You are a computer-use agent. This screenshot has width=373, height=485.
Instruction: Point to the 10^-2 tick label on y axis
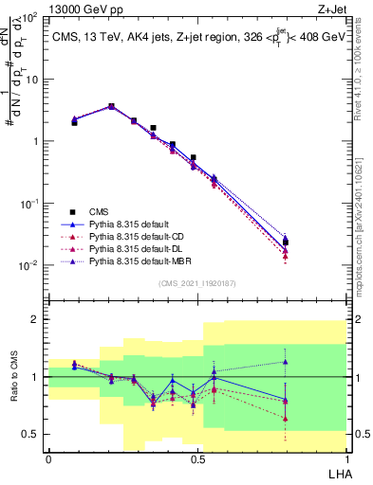click(x=28, y=265)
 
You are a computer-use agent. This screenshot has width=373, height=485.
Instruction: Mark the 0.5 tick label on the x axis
click(x=197, y=459)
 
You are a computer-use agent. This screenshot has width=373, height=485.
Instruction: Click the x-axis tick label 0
click(x=48, y=459)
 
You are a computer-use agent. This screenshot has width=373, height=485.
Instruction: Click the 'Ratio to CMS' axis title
click(x=13, y=378)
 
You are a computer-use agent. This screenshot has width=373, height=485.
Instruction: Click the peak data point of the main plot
click(x=111, y=106)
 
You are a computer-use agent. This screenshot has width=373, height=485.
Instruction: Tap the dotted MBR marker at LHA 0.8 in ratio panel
click(x=312, y=362)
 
